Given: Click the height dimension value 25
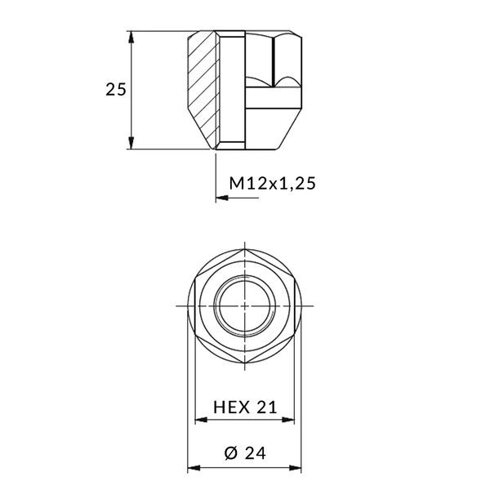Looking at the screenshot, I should click(x=116, y=90).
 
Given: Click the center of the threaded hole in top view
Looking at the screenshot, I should click(x=244, y=305).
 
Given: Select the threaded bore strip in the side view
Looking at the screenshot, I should click(x=233, y=90).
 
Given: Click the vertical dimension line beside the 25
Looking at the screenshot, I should click(x=132, y=114).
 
